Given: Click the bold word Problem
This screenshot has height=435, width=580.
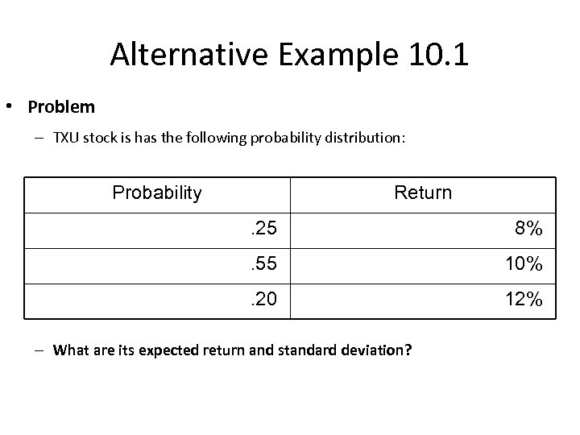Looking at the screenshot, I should pos(61,106).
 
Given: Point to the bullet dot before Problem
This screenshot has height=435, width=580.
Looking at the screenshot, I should pos(14,106).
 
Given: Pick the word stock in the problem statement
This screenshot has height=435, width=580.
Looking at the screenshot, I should pos(96,138).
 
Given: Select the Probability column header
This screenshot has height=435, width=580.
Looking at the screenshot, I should pos(157,193).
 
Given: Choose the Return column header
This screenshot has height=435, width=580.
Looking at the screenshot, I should pos(423,193).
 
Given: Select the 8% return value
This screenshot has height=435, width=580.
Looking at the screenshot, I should pos(528,230).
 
